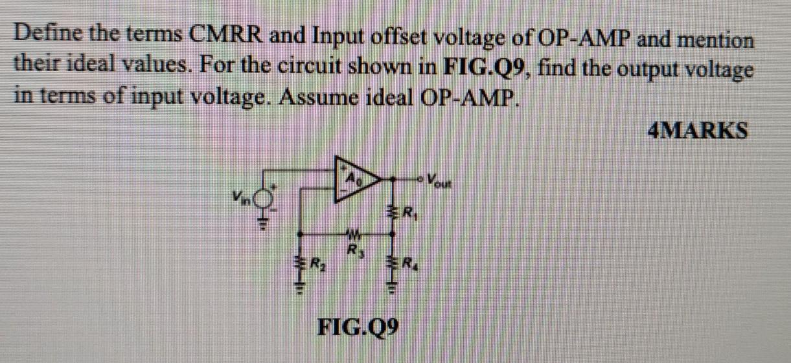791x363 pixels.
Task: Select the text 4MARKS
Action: click(698, 131)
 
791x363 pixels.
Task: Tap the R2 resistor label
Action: click(317, 264)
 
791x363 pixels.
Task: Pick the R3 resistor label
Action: click(354, 248)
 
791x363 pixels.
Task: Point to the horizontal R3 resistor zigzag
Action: click(354, 234)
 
